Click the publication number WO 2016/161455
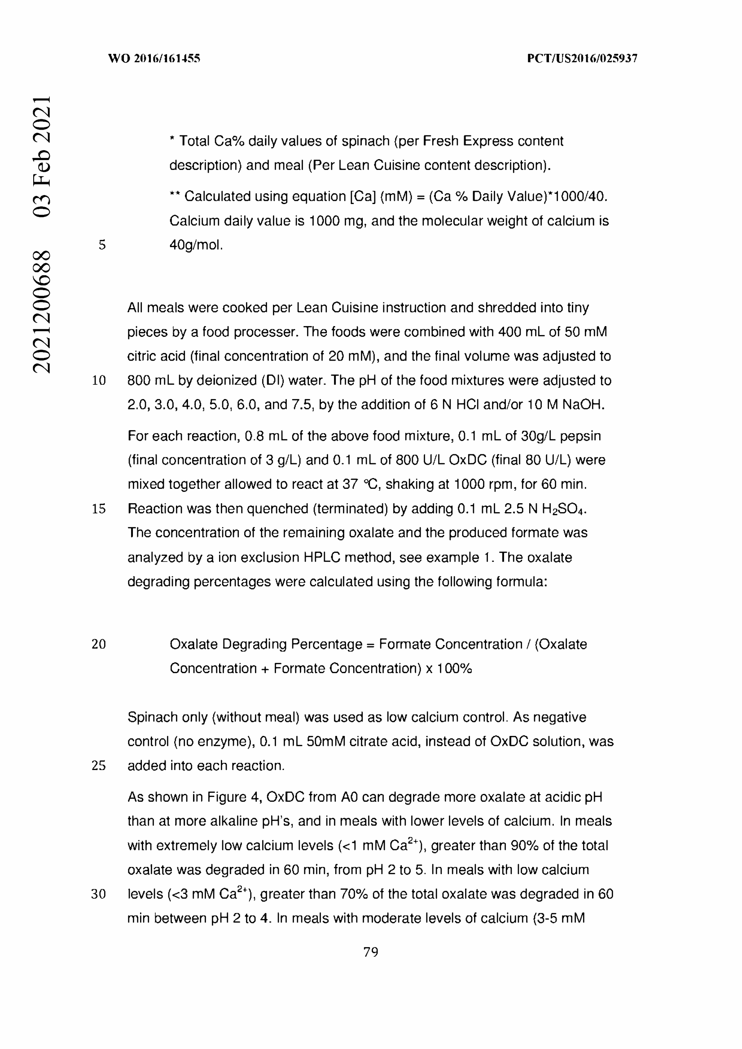click(x=154, y=58)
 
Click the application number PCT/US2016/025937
click(x=582, y=58)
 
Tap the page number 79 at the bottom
click(x=371, y=952)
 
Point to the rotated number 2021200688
click(x=41, y=311)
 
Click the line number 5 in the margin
click(x=102, y=245)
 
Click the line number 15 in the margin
click(x=99, y=509)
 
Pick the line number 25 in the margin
click(x=99, y=765)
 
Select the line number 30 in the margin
click(x=99, y=894)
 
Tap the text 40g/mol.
click(x=196, y=245)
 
